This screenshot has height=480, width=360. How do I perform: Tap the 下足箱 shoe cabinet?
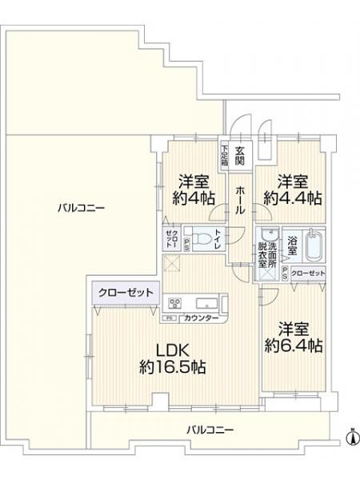[x=226, y=155]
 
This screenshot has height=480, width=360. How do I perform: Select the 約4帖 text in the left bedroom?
[x=194, y=198]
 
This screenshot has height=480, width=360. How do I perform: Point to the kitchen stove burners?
[x=174, y=302]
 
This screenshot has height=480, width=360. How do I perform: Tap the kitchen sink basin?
[x=203, y=302]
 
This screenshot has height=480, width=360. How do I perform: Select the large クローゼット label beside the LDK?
[x=126, y=293]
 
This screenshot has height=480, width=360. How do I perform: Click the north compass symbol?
[x=350, y=438]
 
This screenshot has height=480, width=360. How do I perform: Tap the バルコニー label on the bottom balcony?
[x=210, y=430]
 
